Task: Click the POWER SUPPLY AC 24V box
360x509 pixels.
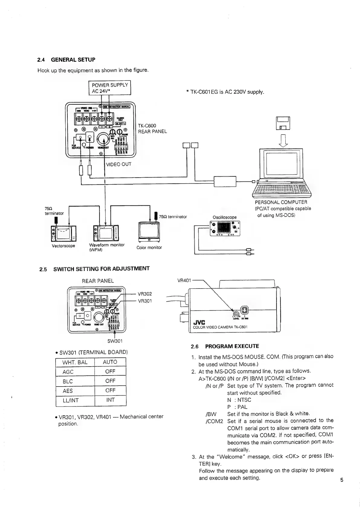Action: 110,88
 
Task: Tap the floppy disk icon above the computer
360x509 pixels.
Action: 283,123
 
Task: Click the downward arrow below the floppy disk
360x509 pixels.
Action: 283,140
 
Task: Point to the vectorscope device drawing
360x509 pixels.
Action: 63,233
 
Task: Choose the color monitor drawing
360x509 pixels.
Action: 149,231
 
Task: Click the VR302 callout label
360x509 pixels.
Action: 144,294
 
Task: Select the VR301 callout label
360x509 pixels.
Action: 144,301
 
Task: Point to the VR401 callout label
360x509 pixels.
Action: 184,280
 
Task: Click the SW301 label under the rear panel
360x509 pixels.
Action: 115,341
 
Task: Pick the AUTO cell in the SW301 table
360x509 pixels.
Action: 110,362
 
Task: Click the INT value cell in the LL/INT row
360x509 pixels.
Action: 110,400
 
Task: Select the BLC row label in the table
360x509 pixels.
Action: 68,381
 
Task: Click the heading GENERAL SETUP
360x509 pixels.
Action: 73,60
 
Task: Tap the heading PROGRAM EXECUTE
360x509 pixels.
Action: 232,346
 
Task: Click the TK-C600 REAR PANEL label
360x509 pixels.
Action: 152,129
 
